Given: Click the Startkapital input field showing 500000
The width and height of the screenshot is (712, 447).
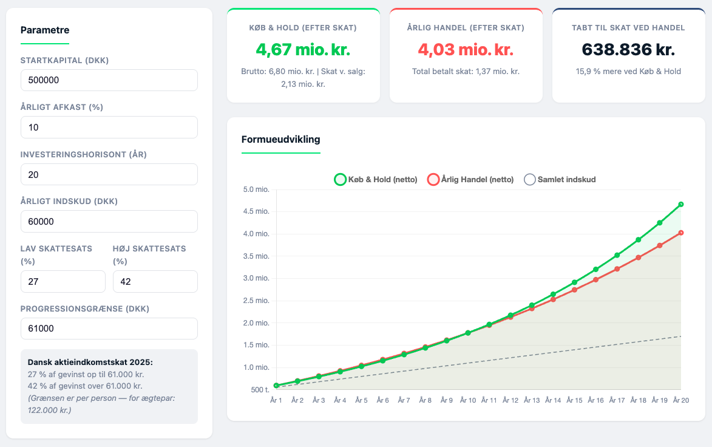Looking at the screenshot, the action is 109,80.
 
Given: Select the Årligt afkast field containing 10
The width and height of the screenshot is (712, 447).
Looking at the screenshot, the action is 109,127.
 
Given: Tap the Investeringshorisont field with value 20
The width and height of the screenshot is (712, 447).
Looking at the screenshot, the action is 109,174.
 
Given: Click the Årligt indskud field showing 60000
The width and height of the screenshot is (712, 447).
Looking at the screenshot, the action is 109,221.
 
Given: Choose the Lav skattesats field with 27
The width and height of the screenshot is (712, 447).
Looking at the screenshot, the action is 63,282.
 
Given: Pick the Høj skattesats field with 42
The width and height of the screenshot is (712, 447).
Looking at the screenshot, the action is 155,282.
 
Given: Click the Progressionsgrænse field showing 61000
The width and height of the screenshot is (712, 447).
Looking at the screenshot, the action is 109,329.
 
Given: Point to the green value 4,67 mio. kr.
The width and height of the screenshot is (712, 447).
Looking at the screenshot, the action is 303,50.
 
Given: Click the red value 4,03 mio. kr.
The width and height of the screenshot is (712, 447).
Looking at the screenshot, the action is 466,50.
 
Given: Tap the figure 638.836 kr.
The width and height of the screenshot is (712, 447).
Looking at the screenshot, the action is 628,50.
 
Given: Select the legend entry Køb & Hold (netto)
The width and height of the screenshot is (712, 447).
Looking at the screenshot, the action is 376,179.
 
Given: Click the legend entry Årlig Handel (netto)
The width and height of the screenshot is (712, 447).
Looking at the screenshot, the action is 470,179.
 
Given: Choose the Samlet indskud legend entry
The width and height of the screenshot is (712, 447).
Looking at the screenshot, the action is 560,179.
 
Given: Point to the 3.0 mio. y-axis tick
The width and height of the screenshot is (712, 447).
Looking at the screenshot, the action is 256,278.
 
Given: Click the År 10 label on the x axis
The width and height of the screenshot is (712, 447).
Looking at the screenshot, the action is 468,400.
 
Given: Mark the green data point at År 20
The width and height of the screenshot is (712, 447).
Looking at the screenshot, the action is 680,205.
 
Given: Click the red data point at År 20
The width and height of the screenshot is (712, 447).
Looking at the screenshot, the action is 680,233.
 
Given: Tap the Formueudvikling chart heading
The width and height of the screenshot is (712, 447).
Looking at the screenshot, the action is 280,140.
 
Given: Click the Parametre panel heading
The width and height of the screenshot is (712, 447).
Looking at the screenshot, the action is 45,30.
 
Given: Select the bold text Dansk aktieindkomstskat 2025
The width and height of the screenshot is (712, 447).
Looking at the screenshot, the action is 90,362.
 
